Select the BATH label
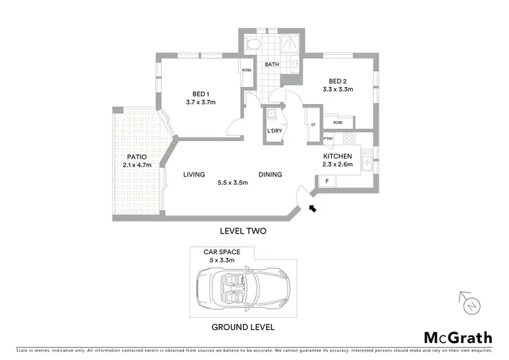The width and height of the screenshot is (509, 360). click(x=272, y=65)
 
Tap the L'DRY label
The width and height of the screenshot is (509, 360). click(x=274, y=130)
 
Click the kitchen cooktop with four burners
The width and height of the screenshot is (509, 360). click(x=350, y=139)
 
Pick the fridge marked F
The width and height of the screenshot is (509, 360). click(x=327, y=181)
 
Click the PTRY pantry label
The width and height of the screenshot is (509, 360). click(x=328, y=139)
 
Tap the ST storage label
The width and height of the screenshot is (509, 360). click(x=314, y=125)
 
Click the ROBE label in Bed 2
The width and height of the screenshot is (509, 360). click(x=337, y=123)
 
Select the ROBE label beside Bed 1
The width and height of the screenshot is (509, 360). click(x=247, y=69)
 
